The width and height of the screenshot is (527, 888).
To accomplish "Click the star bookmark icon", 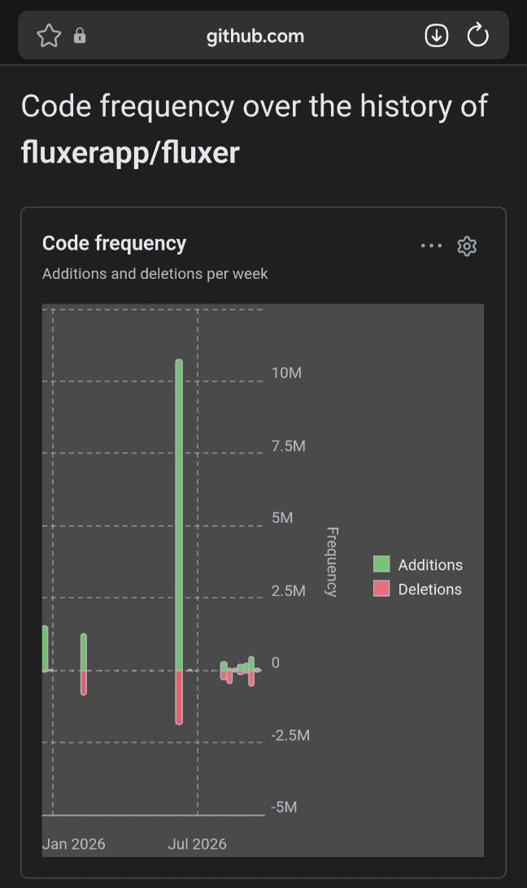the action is click(49, 36).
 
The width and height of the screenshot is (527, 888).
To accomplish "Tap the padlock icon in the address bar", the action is click(80, 36).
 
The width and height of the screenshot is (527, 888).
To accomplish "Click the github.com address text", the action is click(255, 37).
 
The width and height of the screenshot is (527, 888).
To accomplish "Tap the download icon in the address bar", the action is click(437, 36).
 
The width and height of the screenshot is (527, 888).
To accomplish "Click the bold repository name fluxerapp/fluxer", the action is click(130, 152).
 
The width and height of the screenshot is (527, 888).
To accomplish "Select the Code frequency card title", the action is click(114, 243).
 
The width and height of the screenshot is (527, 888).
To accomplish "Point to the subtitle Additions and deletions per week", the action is click(155, 273).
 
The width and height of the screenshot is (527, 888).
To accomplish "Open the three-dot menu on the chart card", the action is click(431, 246).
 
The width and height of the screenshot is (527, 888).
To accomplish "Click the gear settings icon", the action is click(467, 246).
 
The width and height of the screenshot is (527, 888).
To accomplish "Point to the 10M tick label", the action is click(287, 372).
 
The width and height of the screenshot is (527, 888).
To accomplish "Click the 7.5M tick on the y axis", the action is click(289, 446).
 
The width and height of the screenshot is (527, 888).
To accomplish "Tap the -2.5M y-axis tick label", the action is click(290, 735).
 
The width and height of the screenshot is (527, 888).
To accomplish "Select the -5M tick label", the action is click(284, 807).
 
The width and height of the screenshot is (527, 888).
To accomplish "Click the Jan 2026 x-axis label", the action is click(74, 844).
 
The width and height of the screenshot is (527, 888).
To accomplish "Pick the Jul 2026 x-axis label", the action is click(197, 844).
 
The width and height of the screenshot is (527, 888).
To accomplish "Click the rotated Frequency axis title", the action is click(332, 562).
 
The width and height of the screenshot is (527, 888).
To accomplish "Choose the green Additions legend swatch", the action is click(381, 564).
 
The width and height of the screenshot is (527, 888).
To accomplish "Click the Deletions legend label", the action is click(430, 589).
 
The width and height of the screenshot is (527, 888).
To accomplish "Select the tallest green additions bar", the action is click(179, 515).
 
